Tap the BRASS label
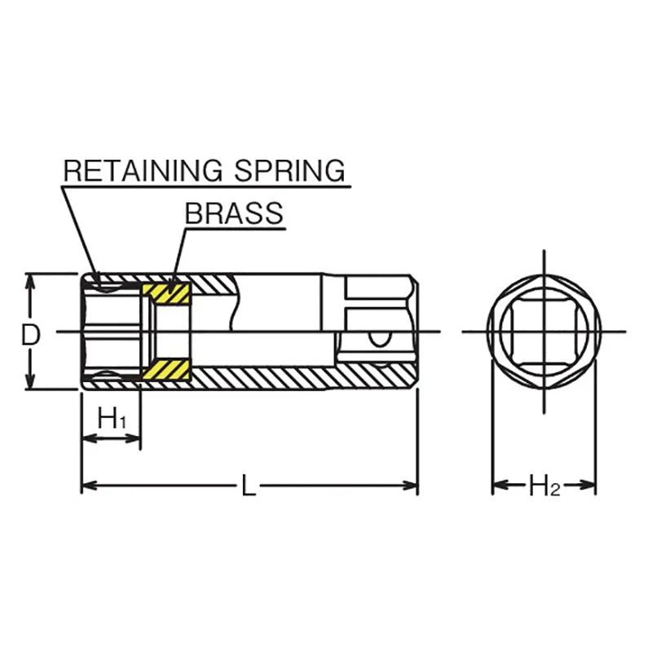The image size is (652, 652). [234, 213]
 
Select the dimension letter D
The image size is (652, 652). [31, 334]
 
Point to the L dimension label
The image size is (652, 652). [249, 487]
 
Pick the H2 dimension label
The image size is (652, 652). [544, 487]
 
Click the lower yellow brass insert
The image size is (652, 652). [166, 371]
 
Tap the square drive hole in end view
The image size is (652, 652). [544, 333]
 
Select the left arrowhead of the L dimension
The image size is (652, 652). [87, 486]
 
